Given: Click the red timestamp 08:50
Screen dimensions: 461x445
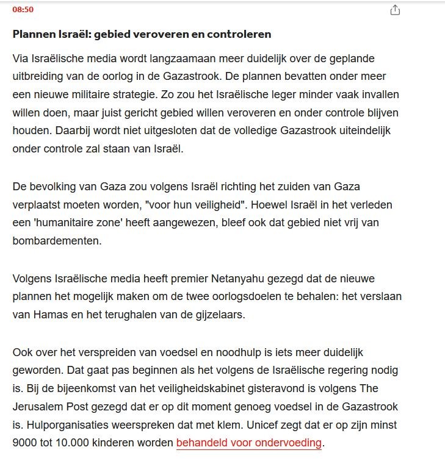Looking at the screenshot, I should tap(23, 10).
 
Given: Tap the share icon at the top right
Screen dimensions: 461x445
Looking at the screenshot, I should tap(395, 10).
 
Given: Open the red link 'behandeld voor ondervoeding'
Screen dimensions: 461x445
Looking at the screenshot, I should tap(248, 443).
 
